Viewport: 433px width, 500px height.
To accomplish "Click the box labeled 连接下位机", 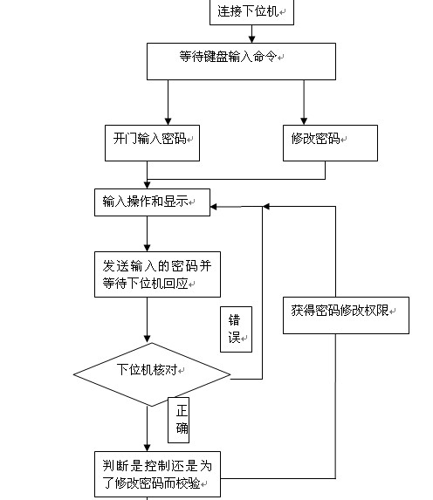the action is click(251, 12).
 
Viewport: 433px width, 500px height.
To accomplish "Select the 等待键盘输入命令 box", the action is click(241, 61).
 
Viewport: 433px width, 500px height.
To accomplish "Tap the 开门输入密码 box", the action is click(152, 143).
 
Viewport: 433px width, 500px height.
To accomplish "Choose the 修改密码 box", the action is click(330, 143).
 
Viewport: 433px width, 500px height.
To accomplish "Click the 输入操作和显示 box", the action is click(152, 202).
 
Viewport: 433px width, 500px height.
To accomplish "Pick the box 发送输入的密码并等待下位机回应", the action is click(157, 274).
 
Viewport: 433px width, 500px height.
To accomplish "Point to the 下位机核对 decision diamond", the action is click(152, 374).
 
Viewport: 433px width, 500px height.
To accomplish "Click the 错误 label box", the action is click(236, 329).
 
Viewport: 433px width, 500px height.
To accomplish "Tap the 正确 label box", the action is click(179, 420).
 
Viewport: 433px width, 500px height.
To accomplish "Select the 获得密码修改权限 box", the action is click(346, 315).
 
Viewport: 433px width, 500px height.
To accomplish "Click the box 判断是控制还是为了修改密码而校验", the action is click(157, 474).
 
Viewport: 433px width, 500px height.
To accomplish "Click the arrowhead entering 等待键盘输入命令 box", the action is click(251, 39).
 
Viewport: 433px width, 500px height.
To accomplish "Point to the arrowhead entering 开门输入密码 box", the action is click(168, 121).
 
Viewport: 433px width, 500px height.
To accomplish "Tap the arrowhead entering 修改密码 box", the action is click(304, 121).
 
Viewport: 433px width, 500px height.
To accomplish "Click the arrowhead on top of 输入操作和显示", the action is click(148, 185).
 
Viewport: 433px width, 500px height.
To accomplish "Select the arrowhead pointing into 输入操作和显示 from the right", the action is click(214, 207).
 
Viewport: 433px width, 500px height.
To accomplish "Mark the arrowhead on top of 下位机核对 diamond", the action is click(148, 339).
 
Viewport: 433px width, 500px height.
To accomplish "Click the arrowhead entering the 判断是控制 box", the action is click(148, 448).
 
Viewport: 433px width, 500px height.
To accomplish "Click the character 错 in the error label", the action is click(234, 320).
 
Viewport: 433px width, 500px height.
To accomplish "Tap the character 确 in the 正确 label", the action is click(182, 428).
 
